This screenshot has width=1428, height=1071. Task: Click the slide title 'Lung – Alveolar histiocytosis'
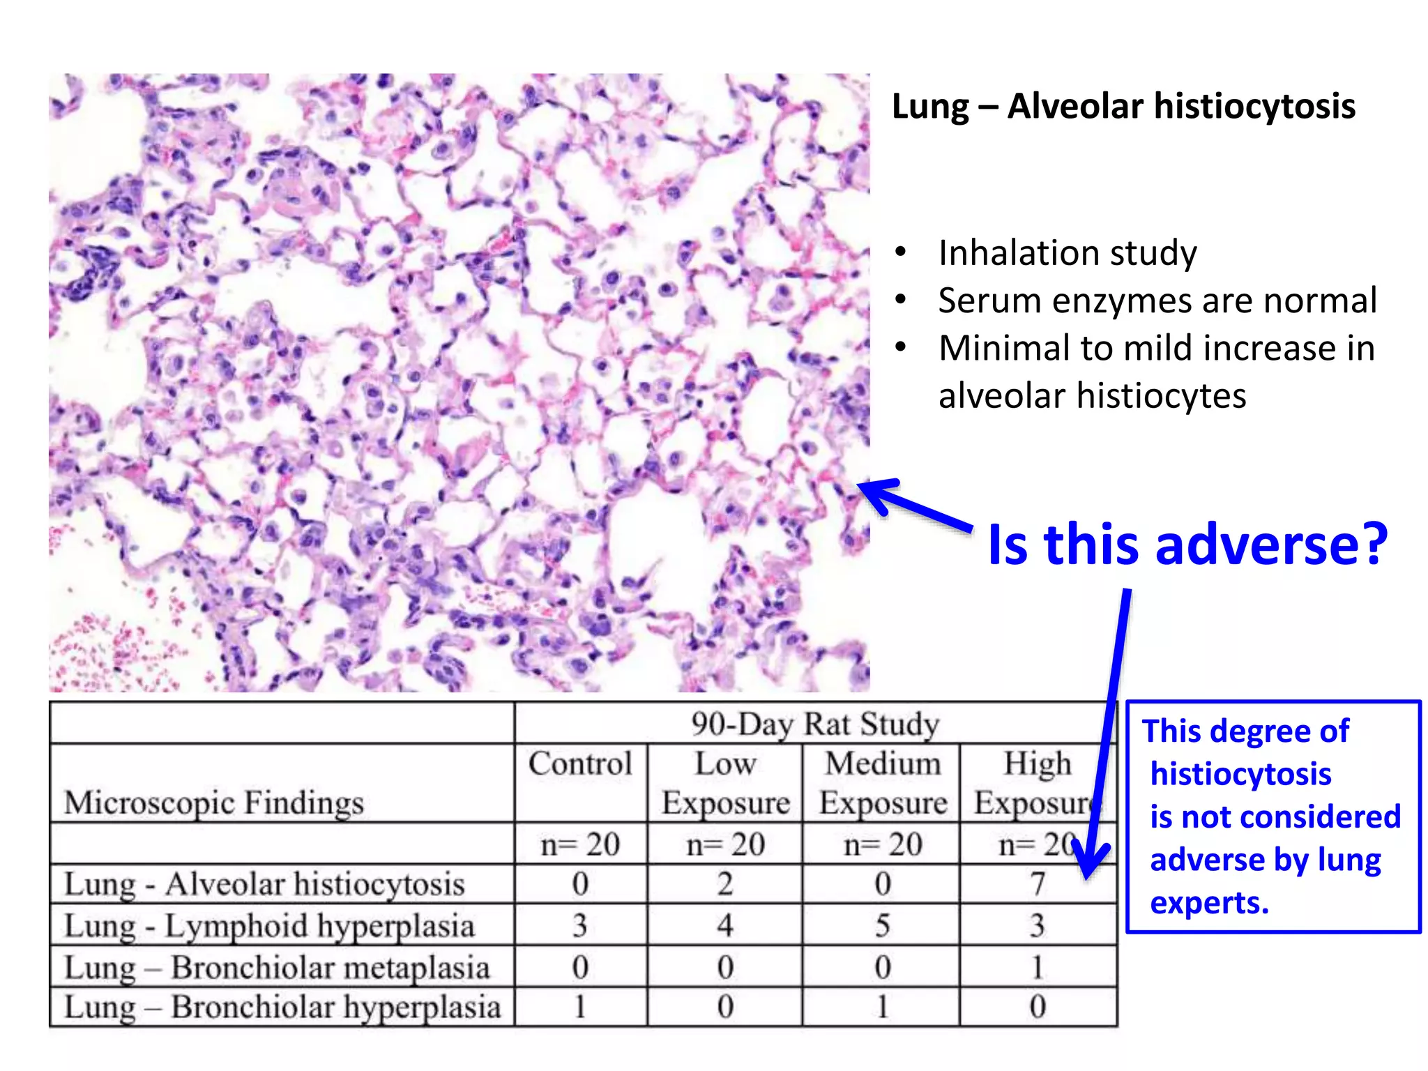[x=1123, y=107]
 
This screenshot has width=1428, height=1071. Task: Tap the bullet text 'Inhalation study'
[x=1067, y=252]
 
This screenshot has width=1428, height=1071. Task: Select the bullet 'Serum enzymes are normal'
[x=1157, y=301]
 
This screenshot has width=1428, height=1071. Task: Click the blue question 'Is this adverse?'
[x=1187, y=544]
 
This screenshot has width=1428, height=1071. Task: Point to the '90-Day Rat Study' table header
[x=814, y=724]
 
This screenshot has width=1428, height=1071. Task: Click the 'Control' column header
[x=580, y=764]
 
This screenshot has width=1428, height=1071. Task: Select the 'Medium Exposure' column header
[x=883, y=782]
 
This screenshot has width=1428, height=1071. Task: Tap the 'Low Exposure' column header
[x=725, y=782]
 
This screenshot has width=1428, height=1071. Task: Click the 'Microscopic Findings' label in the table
[x=214, y=803]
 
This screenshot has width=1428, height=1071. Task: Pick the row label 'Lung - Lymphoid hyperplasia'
[x=269, y=926]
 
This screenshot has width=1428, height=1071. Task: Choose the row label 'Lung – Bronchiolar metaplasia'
[x=277, y=967]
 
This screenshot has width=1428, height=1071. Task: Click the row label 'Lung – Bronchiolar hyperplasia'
[x=282, y=1007]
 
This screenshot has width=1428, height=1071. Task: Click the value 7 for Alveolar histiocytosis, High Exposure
[x=1038, y=884]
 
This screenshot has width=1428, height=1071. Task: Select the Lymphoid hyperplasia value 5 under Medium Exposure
[x=883, y=926]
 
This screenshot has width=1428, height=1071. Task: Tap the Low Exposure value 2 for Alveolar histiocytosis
[x=725, y=884]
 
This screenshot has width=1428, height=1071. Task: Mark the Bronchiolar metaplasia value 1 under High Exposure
[x=1038, y=968]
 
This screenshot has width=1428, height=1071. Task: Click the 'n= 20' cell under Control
[x=580, y=845]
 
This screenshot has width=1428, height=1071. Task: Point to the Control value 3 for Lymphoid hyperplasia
[x=580, y=926]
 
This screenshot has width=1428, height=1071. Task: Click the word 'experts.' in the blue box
[x=1209, y=903]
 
